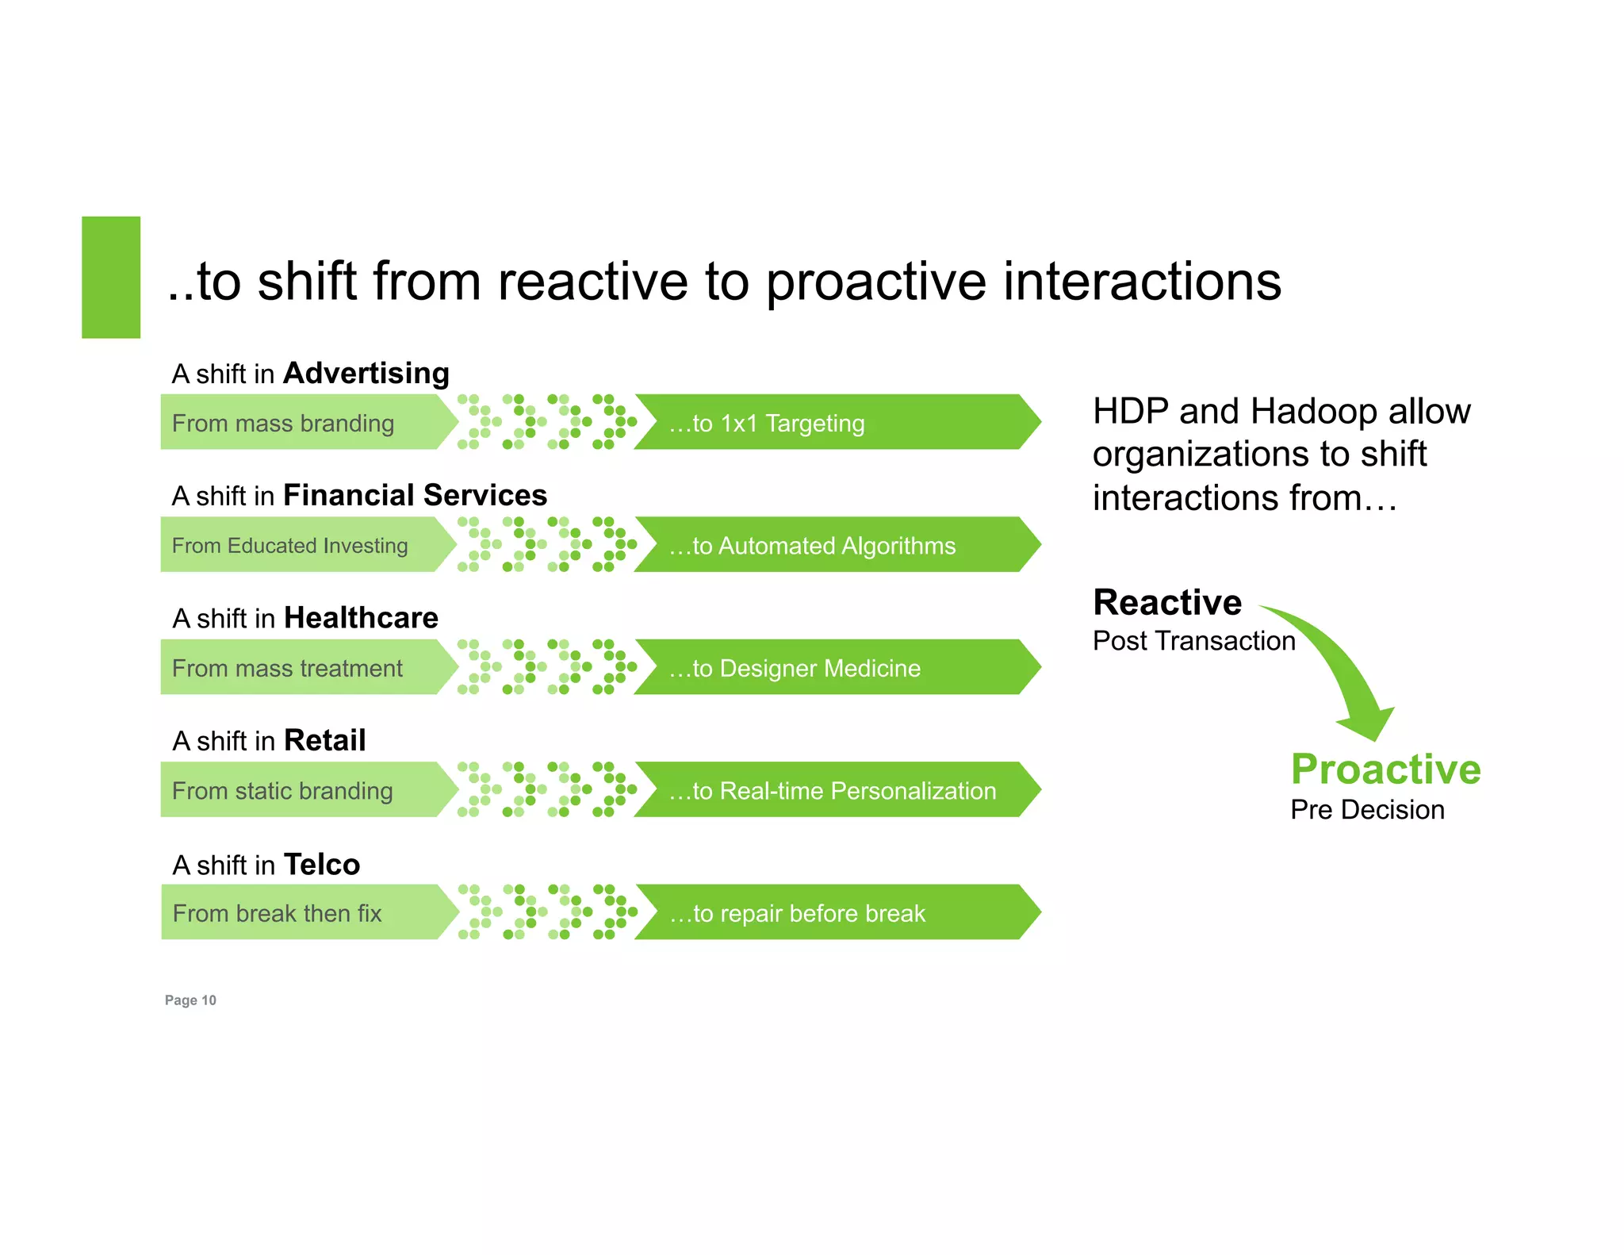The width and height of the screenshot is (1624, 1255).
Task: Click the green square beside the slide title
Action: pyautogui.click(x=111, y=277)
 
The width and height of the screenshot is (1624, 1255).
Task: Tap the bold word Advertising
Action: pyautogui.click(x=366, y=373)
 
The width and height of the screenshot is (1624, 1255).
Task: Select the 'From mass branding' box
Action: pyautogui.click(x=301, y=423)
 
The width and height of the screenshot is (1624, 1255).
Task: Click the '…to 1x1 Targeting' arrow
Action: pyautogui.click(x=833, y=423)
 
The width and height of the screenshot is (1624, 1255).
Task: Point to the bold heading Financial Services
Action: pyautogui.click(x=415, y=495)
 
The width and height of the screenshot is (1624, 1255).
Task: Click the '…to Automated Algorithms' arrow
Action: pyautogui.click(x=833, y=545)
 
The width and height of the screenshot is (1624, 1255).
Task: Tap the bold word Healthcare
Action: pyautogui.click(x=361, y=617)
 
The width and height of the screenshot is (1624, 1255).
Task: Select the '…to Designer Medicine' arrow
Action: pyautogui.click(x=833, y=668)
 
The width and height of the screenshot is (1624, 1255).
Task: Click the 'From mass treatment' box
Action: pyautogui.click(x=301, y=668)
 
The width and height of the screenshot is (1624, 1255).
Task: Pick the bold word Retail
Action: pyautogui.click(x=324, y=740)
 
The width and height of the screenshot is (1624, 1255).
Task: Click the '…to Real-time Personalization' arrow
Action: pyautogui.click(x=833, y=790)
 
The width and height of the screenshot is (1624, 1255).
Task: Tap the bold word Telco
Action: pyautogui.click(x=321, y=864)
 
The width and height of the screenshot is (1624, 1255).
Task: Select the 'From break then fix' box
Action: pyautogui.click(x=301, y=913)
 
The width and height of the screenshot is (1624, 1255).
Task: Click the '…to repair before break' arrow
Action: pyautogui.click(x=833, y=913)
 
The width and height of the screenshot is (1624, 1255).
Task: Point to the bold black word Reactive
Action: pyautogui.click(x=1166, y=602)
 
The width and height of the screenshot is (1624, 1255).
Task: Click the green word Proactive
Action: pyautogui.click(x=1385, y=769)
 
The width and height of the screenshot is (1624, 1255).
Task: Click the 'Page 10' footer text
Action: pyautogui.click(x=190, y=1000)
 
